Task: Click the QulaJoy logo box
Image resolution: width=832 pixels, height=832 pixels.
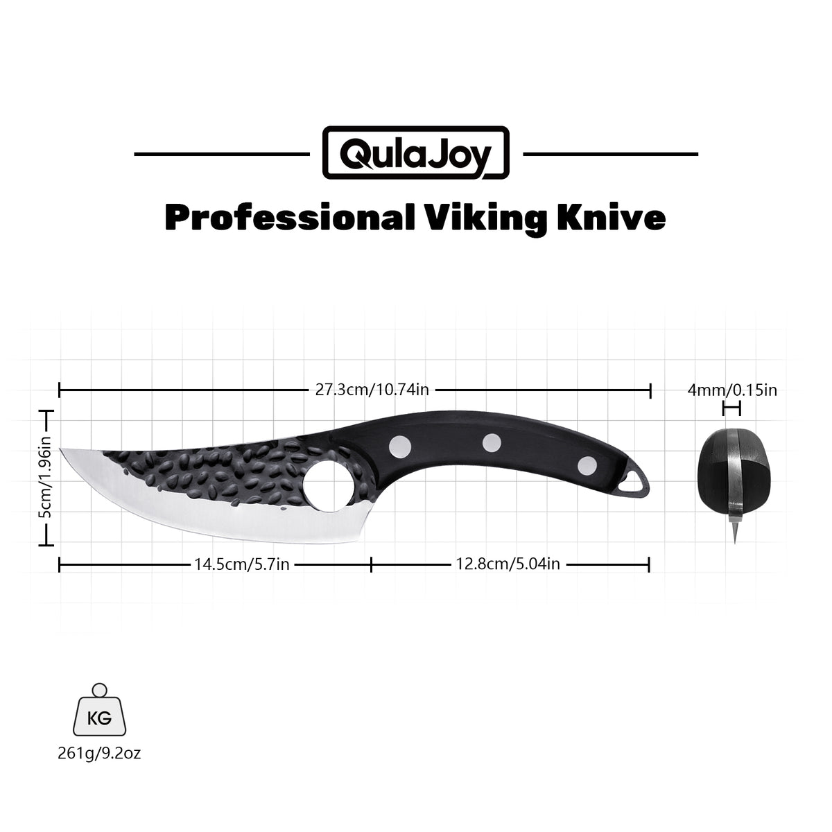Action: click(x=416, y=153)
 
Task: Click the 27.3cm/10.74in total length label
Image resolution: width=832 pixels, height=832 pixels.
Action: click(x=372, y=390)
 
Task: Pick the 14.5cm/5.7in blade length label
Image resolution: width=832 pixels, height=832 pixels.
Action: click(x=241, y=564)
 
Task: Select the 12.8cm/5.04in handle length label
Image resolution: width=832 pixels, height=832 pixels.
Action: click(x=508, y=564)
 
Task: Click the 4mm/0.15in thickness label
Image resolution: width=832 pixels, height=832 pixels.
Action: click(x=732, y=390)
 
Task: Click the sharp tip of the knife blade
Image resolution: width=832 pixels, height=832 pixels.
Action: click(x=62, y=450)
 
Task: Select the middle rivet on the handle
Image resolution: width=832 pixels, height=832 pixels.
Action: click(x=492, y=442)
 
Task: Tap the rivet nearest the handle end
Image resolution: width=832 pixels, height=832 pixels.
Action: click(x=587, y=464)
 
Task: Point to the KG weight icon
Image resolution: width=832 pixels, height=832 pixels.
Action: click(x=100, y=714)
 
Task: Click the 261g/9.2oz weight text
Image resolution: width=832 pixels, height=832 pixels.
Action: click(x=100, y=753)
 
